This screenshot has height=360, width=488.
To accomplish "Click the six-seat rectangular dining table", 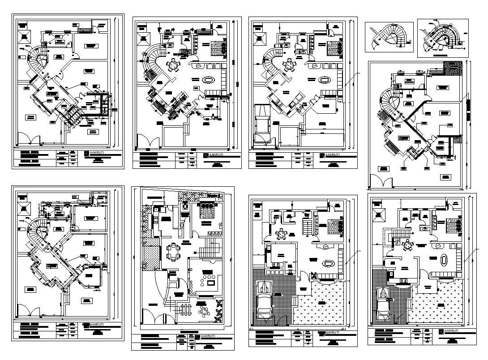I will [x=172, y=251].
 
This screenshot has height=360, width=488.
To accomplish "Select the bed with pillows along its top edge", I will [x=207, y=210].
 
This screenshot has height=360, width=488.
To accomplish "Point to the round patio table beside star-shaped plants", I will [x=204, y=311].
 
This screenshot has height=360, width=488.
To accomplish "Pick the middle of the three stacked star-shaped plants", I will [x=218, y=310].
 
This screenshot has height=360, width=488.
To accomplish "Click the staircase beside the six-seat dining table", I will [x=210, y=247].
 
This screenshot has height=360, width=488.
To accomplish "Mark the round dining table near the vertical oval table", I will [x=407, y=245].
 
